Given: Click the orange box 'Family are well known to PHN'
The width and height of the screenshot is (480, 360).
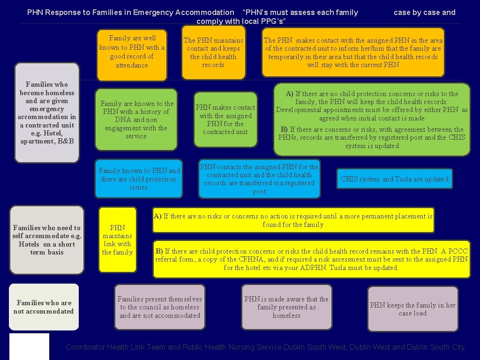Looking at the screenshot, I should coord(132,54).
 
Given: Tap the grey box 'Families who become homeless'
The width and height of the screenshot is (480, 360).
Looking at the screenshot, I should coord(47,112).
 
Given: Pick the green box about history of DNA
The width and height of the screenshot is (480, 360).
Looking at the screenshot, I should coord(136,120).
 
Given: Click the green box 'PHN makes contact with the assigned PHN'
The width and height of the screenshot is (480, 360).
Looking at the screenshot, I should coord(225,120).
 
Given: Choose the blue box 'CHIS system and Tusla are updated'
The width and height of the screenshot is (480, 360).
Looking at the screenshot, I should coord(395,179).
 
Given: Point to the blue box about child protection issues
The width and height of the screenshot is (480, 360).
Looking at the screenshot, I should coord(138,179).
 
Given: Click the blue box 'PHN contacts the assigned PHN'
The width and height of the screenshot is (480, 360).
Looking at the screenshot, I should coord(259,179).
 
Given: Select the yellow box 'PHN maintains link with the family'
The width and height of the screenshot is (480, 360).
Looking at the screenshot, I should coord(117,240).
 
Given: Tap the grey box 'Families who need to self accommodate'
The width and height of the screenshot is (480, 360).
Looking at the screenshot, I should coord(46,240).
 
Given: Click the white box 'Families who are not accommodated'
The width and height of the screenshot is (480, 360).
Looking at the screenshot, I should coord(44,307).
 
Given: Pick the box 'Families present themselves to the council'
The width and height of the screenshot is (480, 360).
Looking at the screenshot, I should coord(159,307).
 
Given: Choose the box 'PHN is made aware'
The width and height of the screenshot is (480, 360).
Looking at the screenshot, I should coord(286,307).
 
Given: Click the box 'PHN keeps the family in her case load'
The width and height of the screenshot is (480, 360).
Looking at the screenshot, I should coord(412,309).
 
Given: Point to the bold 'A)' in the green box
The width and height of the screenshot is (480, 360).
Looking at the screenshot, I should coord(290,94).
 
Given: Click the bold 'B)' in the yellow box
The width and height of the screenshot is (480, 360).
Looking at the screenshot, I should coord(159,251).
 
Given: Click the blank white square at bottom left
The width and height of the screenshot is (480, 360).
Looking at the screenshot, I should coord(29,346).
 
